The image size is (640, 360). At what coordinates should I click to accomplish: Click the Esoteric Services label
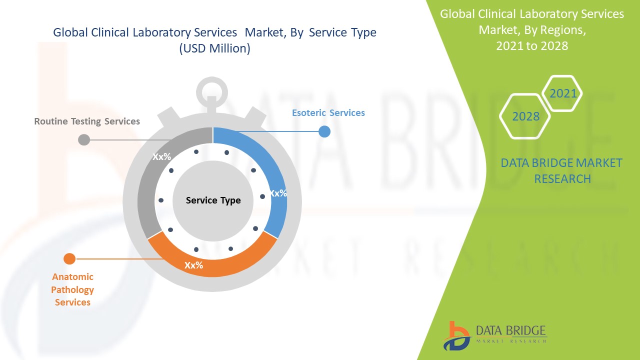pyautogui.click(x=328, y=113)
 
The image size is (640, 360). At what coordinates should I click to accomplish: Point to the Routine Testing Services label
pyautogui.click(x=87, y=121)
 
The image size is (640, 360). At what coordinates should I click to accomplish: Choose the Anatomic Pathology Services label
pyautogui.click(x=72, y=289)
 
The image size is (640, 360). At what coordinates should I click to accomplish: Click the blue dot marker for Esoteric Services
pyautogui.click(x=324, y=131)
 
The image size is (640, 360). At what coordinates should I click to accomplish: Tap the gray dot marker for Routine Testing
pyautogui.click(x=84, y=139)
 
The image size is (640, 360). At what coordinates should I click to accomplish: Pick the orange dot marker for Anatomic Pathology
pyautogui.click(x=69, y=259)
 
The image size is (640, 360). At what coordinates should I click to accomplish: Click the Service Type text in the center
pyautogui.click(x=213, y=200)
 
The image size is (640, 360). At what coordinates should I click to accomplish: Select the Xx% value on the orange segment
pyautogui.click(x=193, y=265)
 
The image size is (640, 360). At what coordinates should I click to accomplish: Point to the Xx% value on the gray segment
pyautogui.click(x=161, y=156)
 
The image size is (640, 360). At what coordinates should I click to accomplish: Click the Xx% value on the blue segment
pyautogui.click(x=278, y=193)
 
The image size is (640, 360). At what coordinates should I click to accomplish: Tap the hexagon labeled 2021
pyautogui.click(x=562, y=93)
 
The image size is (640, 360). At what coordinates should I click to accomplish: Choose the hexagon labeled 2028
pyautogui.click(x=525, y=116)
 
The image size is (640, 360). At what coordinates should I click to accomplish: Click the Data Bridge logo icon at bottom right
pyautogui.click(x=456, y=336)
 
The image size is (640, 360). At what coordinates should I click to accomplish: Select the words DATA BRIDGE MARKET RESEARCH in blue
pyautogui.click(x=561, y=171)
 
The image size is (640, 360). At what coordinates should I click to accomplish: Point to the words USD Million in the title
pyautogui.click(x=215, y=48)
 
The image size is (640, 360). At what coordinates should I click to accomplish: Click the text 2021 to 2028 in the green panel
pyautogui.click(x=532, y=45)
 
